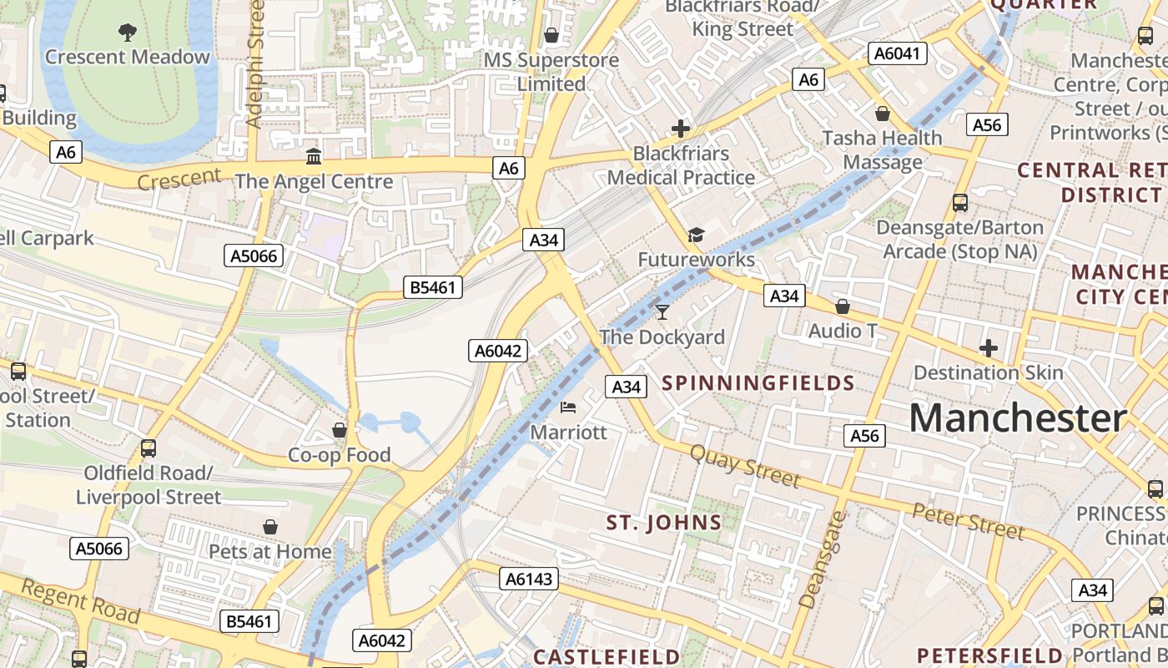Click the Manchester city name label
(1018, 417)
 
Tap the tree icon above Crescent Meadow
(128, 33)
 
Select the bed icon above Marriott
(568, 407)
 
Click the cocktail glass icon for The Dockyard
(662, 312)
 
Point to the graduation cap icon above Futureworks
(696, 235)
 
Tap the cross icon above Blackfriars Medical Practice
(681, 129)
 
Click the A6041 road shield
(898, 54)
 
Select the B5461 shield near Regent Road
(249, 621)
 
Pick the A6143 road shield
(530, 578)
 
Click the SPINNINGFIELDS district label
(758, 383)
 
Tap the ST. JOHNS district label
(664, 523)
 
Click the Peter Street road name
(968, 520)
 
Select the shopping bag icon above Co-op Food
(340, 430)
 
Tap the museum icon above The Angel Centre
(314, 156)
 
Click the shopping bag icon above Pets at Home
(270, 527)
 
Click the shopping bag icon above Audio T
(843, 306)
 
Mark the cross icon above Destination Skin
(989, 347)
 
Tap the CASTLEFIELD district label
(607, 656)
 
